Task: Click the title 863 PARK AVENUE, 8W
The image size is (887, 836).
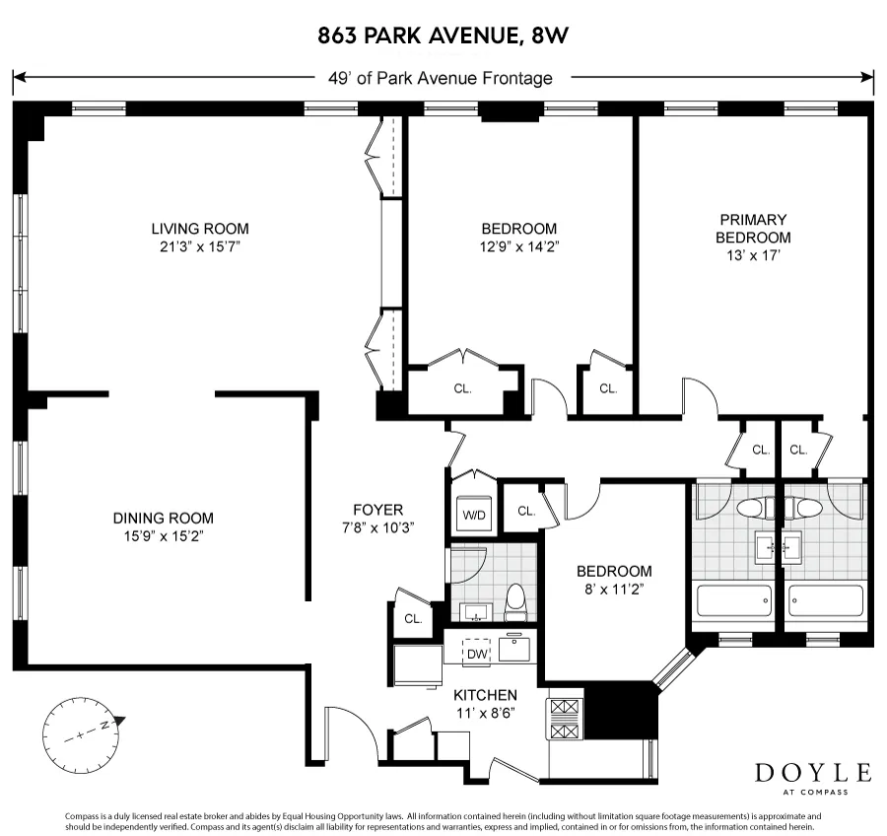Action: tap(443, 36)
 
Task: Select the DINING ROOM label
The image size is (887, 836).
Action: tap(163, 518)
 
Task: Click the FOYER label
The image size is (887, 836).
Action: tap(378, 510)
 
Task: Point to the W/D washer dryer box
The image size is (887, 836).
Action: tap(474, 514)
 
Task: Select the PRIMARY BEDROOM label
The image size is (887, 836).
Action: tap(753, 228)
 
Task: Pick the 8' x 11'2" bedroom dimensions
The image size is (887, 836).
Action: tap(614, 589)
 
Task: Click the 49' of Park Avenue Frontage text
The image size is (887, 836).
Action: tap(441, 78)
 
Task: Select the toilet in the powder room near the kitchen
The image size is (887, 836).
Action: tap(513, 600)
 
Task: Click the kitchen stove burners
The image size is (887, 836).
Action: tap(566, 719)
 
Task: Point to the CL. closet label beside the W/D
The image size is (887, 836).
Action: tap(526, 511)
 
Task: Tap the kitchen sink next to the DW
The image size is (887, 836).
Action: tap(514, 648)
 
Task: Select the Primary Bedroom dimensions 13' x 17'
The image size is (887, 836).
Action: tap(753, 255)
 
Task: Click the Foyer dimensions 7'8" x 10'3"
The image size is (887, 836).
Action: tap(378, 526)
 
